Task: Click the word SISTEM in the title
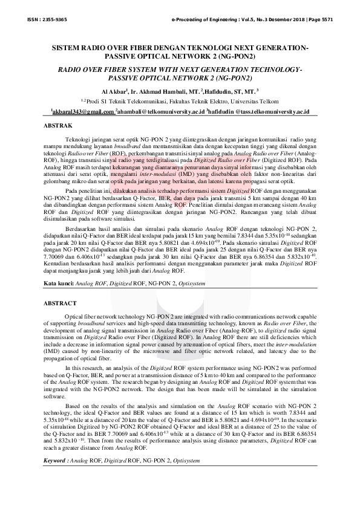[68, 47]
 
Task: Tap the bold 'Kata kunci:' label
[59, 284]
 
